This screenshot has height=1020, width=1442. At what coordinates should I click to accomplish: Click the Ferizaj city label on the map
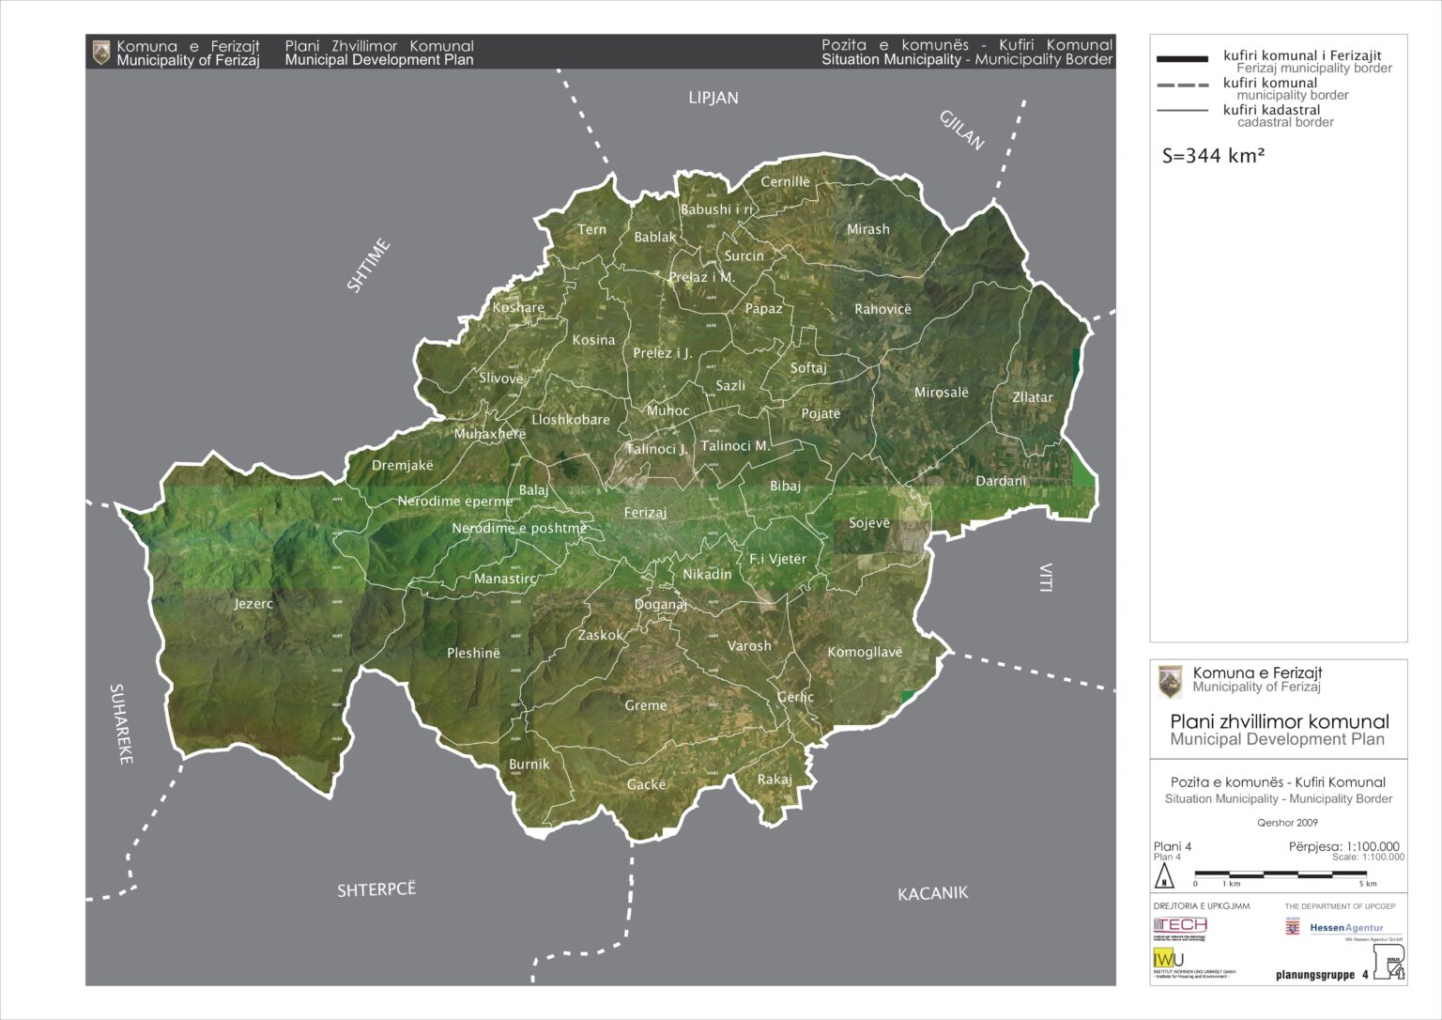click(x=645, y=513)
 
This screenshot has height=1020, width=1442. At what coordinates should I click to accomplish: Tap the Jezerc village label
click(x=253, y=604)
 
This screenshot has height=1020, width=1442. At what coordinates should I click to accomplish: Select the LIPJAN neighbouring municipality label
click(x=713, y=98)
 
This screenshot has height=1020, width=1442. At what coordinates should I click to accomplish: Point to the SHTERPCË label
click(x=376, y=889)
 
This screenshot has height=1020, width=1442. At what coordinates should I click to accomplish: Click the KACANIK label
click(x=932, y=893)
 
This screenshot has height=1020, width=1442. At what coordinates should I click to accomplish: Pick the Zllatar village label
click(x=1032, y=397)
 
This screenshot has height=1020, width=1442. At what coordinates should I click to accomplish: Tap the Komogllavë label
click(x=865, y=652)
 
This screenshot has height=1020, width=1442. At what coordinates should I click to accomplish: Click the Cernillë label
click(x=785, y=182)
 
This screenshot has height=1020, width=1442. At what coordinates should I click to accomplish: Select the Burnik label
click(x=529, y=765)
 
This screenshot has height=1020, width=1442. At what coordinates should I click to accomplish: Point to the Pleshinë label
click(x=473, y=653)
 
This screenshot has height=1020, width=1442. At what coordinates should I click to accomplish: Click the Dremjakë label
click(x=403, y=465)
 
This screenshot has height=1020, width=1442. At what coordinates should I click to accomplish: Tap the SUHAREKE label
click(x=121, y=723)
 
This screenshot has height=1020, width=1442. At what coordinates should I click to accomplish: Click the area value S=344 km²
click(x=1213, y=156)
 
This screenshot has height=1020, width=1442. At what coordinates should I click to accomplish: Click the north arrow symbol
click(x=1164, y=876)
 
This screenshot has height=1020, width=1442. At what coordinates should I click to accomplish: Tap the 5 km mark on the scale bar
click(x=1369, y=884)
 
